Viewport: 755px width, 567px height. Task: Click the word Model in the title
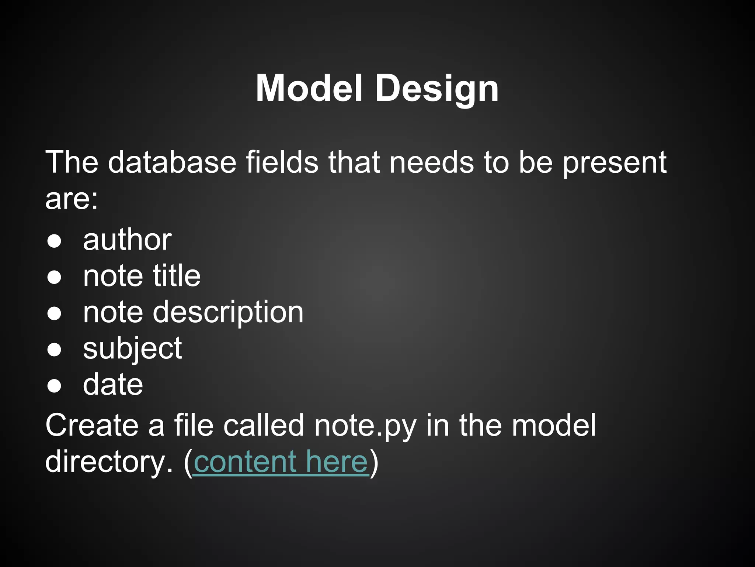309,89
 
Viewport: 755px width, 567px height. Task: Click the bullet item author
127,240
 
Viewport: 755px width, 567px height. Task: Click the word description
228,313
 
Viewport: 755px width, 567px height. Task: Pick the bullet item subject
132,349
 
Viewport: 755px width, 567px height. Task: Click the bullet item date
113,385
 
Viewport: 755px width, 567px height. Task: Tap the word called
264,426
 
